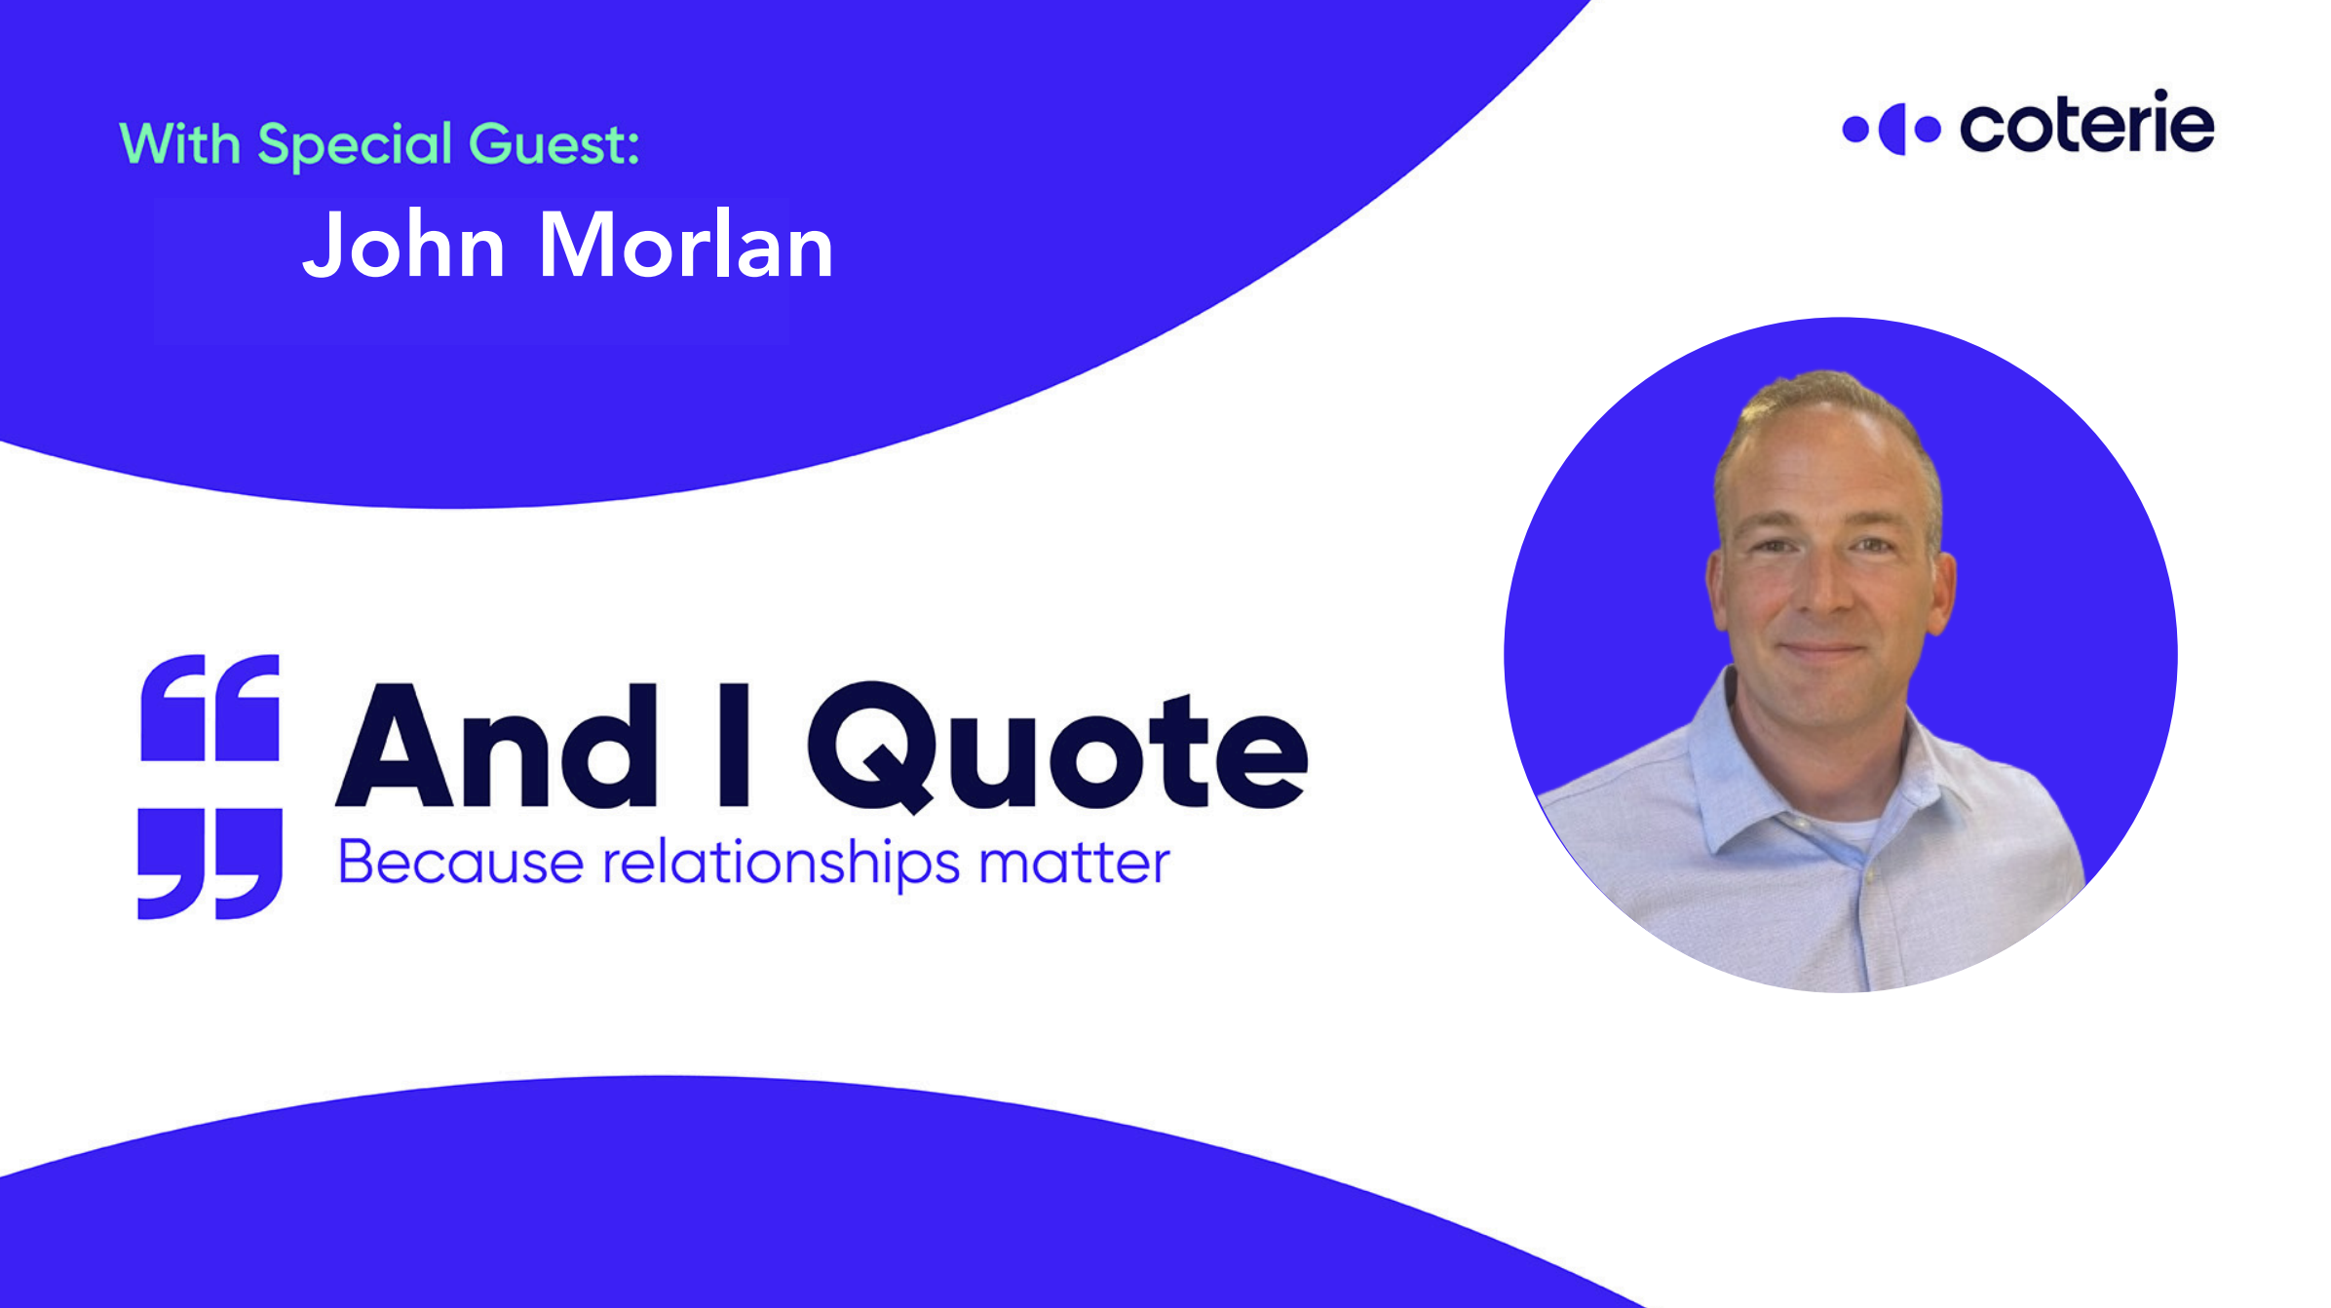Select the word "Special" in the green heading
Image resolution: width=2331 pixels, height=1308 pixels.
point(355,145)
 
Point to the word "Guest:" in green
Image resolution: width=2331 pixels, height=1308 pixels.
point(554,144)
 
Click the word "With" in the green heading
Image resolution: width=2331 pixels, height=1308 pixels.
point(180,143)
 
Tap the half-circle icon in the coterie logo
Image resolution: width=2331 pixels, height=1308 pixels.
point(1892,129)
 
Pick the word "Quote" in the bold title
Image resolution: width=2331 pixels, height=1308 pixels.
point(1057,747)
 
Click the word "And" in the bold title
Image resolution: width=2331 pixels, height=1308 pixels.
point(497,747)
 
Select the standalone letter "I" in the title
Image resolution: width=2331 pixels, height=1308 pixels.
point(734,746)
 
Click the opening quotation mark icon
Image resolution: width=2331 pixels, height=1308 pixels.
point(210,708)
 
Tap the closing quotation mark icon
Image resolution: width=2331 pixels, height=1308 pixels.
point(210,864)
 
